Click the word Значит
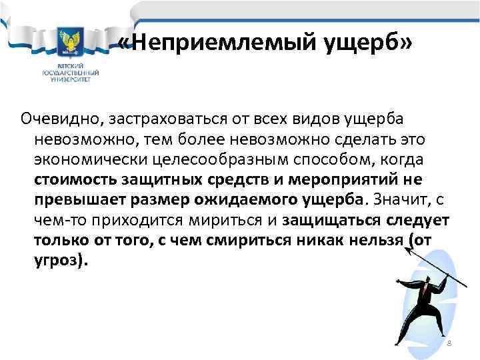tap(399, 200)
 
